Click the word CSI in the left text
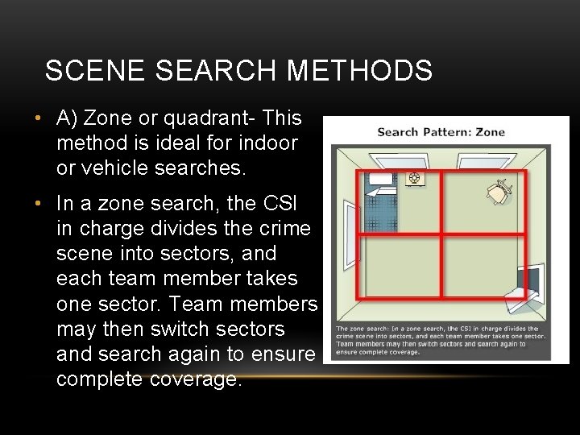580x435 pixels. (292, 203)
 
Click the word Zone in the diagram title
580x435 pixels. (490, 132)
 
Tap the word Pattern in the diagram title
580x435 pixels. (447, 132)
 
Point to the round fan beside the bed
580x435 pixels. (414, 179)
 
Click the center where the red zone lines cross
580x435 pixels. (441, 234)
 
